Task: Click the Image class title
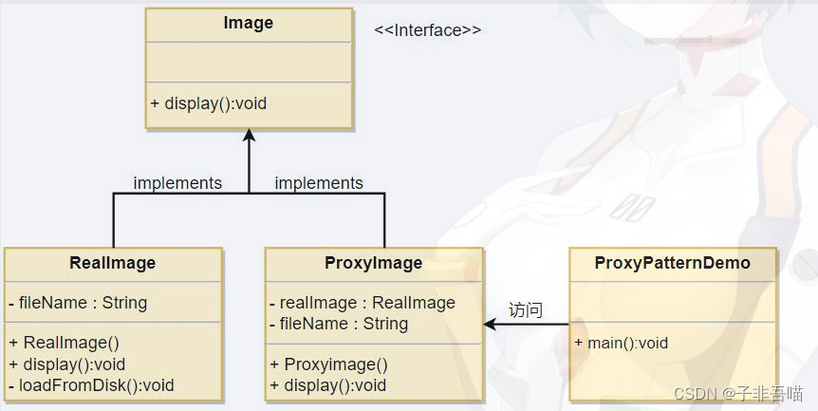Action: coord(249,24)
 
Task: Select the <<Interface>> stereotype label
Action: coord(427,30)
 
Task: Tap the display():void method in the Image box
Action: coord(208,103)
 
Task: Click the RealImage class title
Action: coord(113,263)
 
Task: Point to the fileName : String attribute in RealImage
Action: coord(78,303)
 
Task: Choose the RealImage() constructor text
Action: coord(65,343)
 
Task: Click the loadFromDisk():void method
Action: coord(91,385)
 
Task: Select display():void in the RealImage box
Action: coord(66,364)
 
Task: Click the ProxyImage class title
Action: coord(374,263)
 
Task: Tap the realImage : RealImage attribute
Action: coord(363,303)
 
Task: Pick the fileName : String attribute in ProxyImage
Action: coord(339,324)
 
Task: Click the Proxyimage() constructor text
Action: coord(328,364)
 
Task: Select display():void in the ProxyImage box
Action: coord(328,385)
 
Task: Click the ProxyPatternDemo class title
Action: coord(673,263)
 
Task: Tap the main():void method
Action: coord(622,343)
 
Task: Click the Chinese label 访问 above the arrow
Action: coord(526,310)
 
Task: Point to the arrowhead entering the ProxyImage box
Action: coord(490,325)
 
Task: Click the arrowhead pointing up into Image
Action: coord(249,135)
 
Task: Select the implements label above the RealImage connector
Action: coord(177,183)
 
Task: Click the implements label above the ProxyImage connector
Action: coord(319,183)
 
